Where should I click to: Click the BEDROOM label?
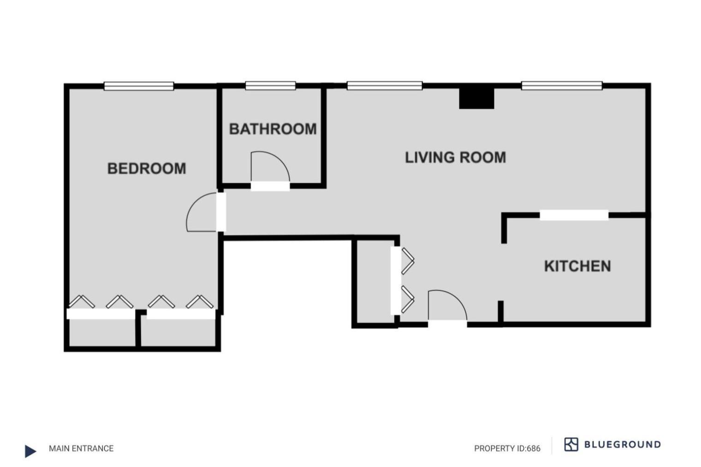coord(147,169)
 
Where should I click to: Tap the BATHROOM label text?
coord(273,129)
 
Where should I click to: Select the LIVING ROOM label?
coord(455,158)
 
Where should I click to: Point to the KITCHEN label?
coord(577,266)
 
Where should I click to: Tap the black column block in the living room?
coord(476,98)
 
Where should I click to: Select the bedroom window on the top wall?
coord(139,86)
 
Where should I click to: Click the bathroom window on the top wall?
coord(270,86)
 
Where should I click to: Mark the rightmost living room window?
coord(562,86)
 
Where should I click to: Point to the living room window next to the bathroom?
coord(385,86)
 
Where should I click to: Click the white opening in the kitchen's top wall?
coord(574,215)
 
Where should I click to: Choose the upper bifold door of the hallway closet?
coord(407,261)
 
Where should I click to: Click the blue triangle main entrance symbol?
coord(30,451)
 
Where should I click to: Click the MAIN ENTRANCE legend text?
coord(81,448)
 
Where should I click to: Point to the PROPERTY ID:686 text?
coord(507,448)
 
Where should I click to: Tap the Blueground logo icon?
coord(571,444)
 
